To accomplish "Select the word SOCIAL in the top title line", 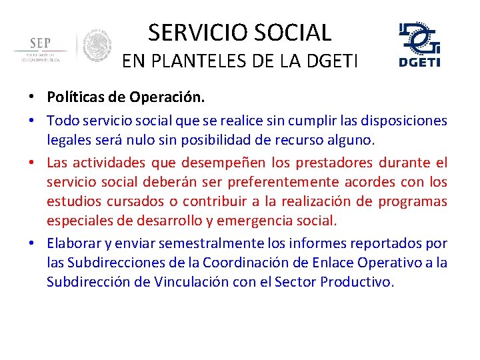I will (296, 32).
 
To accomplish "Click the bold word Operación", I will (172, 97).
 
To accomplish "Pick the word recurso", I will (306, 140).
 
